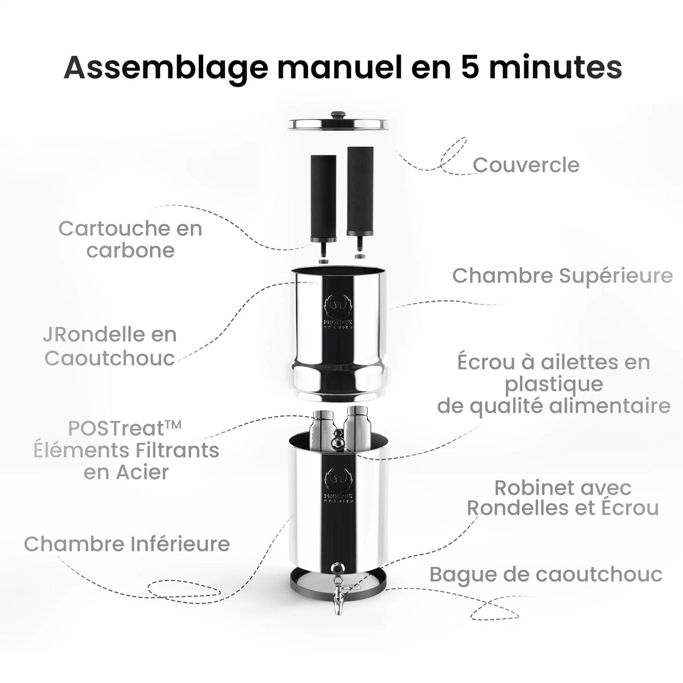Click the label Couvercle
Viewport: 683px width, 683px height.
tap(526, 165)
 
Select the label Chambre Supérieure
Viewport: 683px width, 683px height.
tap(562, 275)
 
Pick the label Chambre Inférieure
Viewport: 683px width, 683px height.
tap(127, 544)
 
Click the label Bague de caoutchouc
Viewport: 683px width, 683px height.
tap(546, 574)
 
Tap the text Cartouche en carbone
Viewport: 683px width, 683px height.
tap(130, 239)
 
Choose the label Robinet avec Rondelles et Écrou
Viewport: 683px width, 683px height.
tap(563, 497)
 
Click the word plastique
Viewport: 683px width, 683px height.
tap(554, 384)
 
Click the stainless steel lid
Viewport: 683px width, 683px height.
tap(340, 122)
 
